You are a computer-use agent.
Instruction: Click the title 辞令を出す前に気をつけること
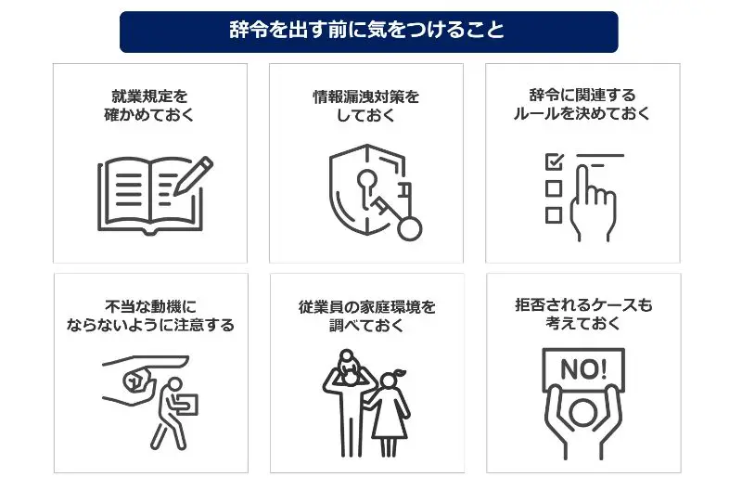(x=368, y=31)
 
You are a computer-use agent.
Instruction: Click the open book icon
(x=148, y=196)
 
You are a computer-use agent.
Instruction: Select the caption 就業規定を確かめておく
(x=149, y=105)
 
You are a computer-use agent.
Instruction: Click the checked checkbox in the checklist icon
(x=554, y=161)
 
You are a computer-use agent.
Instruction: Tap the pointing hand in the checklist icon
(x=594, y=200)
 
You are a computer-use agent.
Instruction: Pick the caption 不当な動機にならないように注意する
(x=149, y=316)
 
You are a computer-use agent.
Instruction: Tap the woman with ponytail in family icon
(x=390, y=408)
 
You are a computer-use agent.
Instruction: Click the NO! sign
(x=582, y=367)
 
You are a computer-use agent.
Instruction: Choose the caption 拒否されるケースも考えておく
(x=582, y=315)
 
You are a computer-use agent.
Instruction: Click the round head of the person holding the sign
(x=582, y=412)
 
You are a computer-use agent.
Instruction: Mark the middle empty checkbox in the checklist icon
(x=554, y=187)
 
